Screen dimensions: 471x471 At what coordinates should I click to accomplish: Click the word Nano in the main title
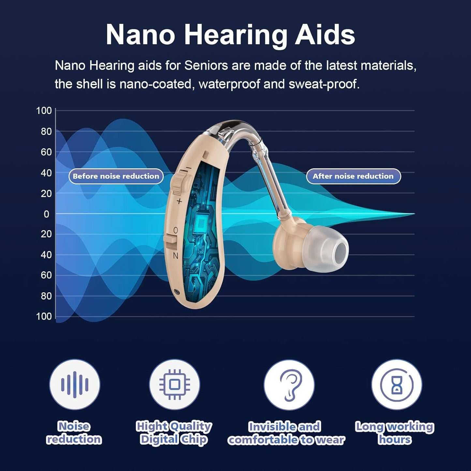[140, 35]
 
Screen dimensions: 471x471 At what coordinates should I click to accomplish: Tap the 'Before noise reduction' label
[116, 176]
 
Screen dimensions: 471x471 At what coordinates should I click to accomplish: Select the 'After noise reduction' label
[353, 176]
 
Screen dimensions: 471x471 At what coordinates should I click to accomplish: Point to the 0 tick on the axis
[46, 214]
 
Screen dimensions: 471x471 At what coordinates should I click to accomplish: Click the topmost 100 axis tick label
[44, 111]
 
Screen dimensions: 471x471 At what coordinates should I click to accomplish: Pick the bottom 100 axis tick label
[44, 316]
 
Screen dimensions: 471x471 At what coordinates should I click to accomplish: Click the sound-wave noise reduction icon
[75, 385]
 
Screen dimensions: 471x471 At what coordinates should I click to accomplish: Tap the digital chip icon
[174, 385]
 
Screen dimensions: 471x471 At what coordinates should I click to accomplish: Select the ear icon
[289, 385]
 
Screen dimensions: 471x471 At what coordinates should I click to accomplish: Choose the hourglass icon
[396, 385]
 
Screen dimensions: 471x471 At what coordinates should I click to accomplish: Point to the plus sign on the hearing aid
[179, 201]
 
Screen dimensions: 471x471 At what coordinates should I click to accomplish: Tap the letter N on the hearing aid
[175, 256]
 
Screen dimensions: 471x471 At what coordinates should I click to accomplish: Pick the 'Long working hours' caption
[394, 433]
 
